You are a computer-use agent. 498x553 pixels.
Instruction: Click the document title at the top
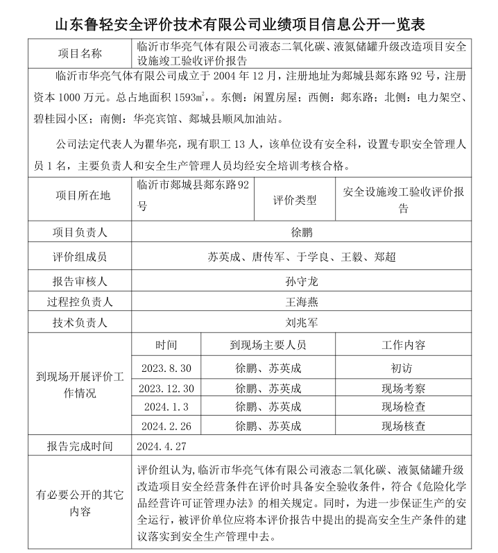(249, 24)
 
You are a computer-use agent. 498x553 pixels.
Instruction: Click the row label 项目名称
(80, 53)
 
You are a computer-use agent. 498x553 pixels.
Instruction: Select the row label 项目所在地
(80, 196)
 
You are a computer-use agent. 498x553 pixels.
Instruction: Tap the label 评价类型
(295, 200)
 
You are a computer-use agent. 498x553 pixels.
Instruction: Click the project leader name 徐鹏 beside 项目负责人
(302, 232)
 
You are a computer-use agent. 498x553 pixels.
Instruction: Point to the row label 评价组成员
(80, 257)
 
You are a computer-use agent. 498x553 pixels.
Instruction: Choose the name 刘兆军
(302, 323)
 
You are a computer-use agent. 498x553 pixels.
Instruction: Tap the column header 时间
(166, 345)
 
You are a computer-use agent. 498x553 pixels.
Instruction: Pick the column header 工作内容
(404, 345)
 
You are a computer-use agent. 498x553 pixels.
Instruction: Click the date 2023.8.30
(166, 368)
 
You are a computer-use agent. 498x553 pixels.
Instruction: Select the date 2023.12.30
(166, 388)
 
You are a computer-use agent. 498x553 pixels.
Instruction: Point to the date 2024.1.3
(166, 407)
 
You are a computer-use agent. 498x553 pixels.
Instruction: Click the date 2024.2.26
(166, 425)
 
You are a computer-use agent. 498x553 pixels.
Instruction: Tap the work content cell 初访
(404, 368)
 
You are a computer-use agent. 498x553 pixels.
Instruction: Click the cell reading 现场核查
(404, 425)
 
